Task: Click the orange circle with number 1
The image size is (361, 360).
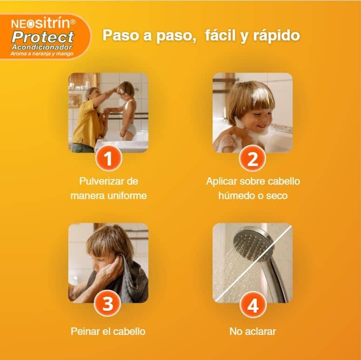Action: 108,159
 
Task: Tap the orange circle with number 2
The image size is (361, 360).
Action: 252,159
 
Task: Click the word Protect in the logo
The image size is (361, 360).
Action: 43,37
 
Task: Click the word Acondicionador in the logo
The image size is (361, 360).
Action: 43,47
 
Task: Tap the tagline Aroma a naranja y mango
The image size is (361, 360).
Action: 42,53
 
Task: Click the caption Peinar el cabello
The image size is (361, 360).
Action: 108,332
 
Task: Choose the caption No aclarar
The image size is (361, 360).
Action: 253,332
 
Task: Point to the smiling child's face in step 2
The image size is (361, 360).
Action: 256,116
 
